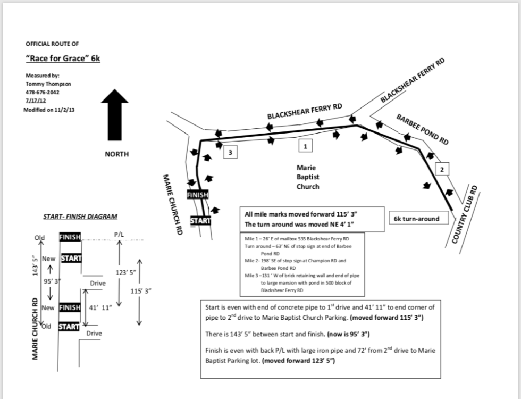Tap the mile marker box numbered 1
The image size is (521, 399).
pyautogui.click(x=305, y=145)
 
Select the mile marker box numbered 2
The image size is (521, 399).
pyautogui.click(x=442, y=170)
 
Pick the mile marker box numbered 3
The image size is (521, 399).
pyautogui.click(x=230, y=152)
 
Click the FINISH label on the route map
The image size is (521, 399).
pyautogui.click(x=198, y=195)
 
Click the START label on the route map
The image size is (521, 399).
pyautogui.click(x=200, y=220)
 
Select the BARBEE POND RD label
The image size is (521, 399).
pyautogui.click(x=423, y=129)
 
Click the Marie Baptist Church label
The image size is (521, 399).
pyautogui.click(x=308, y=177)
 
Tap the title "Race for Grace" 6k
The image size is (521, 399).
pyautogui.click(x=63, y=59)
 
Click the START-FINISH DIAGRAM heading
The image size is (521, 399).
pyautogui.click(x=80, y=217)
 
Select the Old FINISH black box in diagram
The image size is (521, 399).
pyautogui.click(x=70, y=237)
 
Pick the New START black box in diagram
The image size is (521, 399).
pyautogui.click(x=71, y=259)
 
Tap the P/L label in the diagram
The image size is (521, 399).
pyautogui.click(x=118, y=234)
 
